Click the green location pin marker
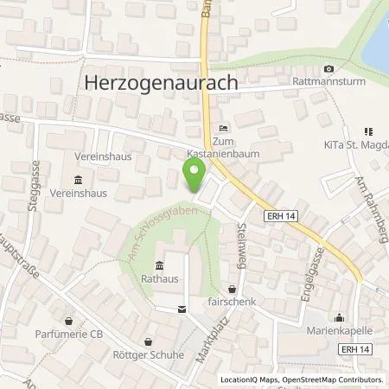[194, 178]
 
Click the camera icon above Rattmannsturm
[328, 69]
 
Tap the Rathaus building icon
[159, 265]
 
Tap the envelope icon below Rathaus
[181, 309]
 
